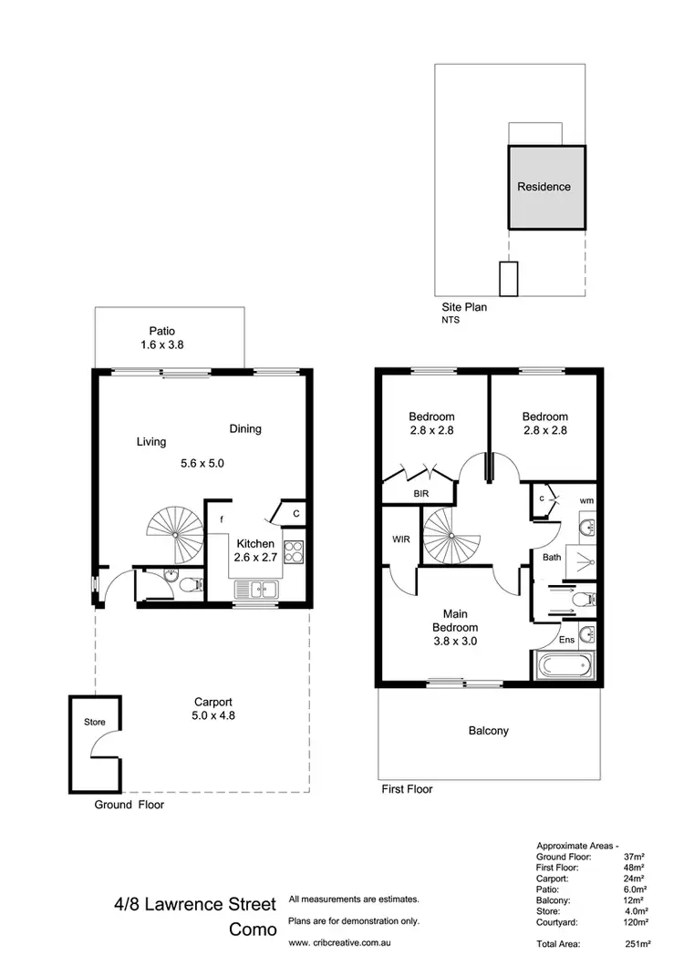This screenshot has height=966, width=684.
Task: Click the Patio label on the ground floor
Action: tap(163, 332)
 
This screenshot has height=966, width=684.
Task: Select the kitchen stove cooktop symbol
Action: tap(295, 552)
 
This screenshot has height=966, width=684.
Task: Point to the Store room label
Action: tap(95, 722)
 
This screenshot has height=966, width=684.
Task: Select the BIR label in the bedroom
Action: tap(420, 493)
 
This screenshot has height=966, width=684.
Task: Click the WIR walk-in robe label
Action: tap(399, 540)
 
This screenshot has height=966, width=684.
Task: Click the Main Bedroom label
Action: tap(454, 620)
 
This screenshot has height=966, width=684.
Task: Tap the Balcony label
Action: tap(489, 731)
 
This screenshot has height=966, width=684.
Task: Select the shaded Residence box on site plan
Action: tap(544, 187)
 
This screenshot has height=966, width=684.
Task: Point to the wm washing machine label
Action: tap(586, 500)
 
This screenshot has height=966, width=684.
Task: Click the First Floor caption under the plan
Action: tap(406, 789)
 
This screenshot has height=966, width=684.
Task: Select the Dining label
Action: tap(245, 428)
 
